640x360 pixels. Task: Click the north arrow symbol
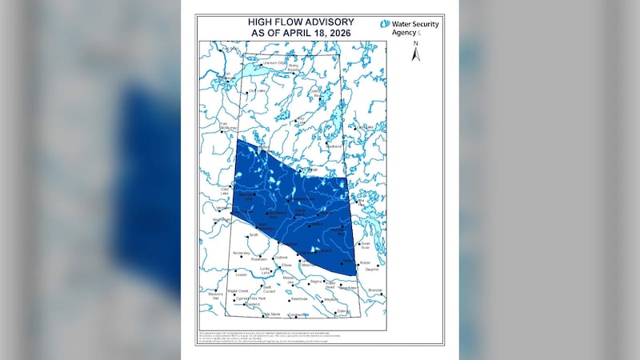coord(414,54)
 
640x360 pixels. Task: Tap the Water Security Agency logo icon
coord(385,25)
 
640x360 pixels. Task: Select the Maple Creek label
coord(238,290)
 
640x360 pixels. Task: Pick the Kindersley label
coord(242,253)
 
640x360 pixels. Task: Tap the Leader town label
coord(241,274)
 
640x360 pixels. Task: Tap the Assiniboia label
coord(299,298)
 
